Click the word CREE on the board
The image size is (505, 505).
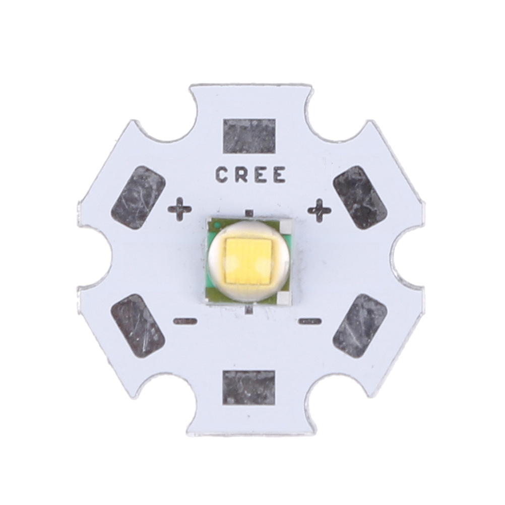coord(250,175)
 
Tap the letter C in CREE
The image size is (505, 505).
coord(222,175)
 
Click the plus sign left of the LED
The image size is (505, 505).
coord(179,210)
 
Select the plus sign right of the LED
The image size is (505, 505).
coord(320,210)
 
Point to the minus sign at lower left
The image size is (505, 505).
coord(185,321)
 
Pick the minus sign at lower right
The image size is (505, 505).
coord(310,321)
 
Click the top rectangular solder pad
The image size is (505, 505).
coord(249,136)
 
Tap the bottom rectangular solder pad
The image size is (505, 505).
coord(249,387)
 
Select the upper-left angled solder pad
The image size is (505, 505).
coord(138,198)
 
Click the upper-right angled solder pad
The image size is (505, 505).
coord(360,197)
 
